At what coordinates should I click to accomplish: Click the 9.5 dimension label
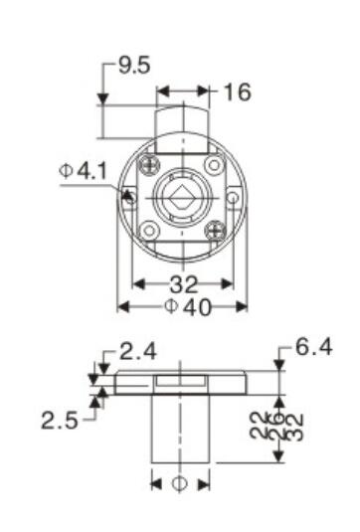pyautogui.click(x=134, y=67)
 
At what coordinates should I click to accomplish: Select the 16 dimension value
pyautogui.click(x=237, y=92)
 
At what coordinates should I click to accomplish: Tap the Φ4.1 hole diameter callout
pyautogui.click(x=83, y=171)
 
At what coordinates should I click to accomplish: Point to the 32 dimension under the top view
pyautogui.click(x=183, y=283)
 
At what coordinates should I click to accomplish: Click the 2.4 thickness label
pyautogui.click(x=136, y=351)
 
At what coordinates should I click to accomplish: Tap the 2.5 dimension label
pyautogui.click(x=63, y=420)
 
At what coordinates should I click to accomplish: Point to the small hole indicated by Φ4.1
pyautogui.click(x=127, y=196)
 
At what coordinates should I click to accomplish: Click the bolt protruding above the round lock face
pyautogui.click(x=181, y=121)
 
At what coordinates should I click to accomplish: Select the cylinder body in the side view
pyautogui.click(x=181, y=428)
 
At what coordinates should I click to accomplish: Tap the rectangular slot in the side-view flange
pyautogui.click(x=181, y=382)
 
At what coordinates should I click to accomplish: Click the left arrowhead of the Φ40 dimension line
pyautogui.click(x=121, y=306)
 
